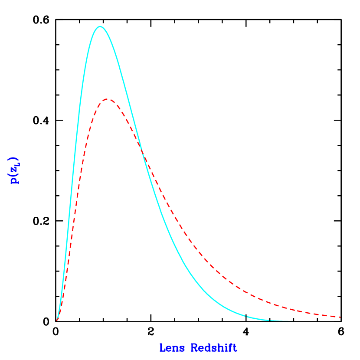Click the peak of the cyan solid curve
click(x=100, y=26)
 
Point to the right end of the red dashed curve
click(x=341, y=317)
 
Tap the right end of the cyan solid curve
click(x=293, y=322)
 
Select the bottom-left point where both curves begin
click(x=57, y=321)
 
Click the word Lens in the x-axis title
click(x=172, y=348)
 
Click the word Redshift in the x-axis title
click(x=214, y=348)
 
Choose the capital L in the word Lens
click(x=163, y=348)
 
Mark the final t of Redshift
click(x=235, y=348)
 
